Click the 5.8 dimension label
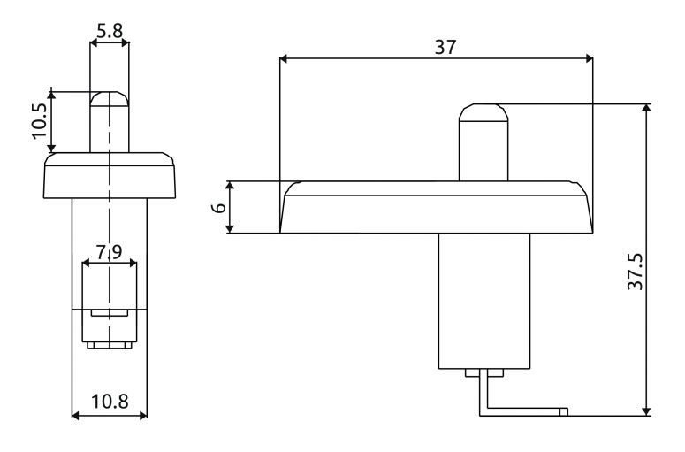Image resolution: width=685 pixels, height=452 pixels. [x=110, y=31]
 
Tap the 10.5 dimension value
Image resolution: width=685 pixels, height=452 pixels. [x=40, y=121]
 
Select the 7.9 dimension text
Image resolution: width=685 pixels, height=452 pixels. [x=110, y=253]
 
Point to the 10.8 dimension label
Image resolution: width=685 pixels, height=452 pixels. [x=110, y=401]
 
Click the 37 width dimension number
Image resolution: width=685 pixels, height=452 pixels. [x=445, y=47]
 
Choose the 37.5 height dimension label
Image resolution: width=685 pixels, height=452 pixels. [x=636, y=272]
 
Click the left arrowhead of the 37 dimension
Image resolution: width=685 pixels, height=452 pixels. [x=283, y=58]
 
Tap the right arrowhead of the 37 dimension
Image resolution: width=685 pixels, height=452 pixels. [x=590, y=58]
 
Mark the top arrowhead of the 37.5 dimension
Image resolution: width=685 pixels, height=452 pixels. [x=647, y=108]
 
